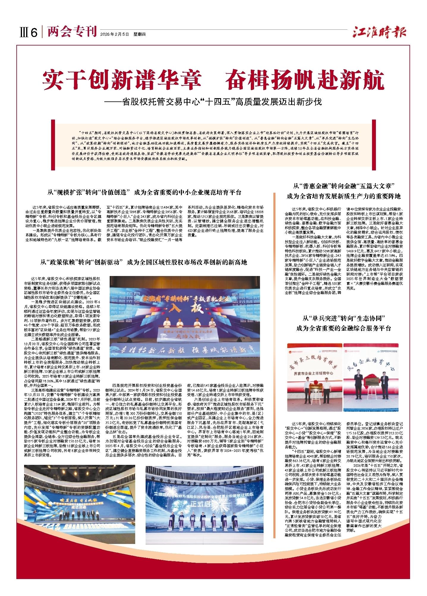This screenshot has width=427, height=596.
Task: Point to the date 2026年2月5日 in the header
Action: pyautogui.click(x=114, y=34)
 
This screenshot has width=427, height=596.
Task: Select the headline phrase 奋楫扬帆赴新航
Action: pyautogui.click(x=305, y=80)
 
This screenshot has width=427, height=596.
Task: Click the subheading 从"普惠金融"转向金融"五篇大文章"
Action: pyautogui.click(x=344, y=186)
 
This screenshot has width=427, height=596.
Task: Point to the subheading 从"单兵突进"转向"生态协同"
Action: pyautogui.click(x=344, y=319)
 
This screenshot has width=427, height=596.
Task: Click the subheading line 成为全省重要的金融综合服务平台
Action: pyautogui.click(x=344, y=328)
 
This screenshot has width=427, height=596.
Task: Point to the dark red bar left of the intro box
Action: pyautogui.click(x=53, y=143)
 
